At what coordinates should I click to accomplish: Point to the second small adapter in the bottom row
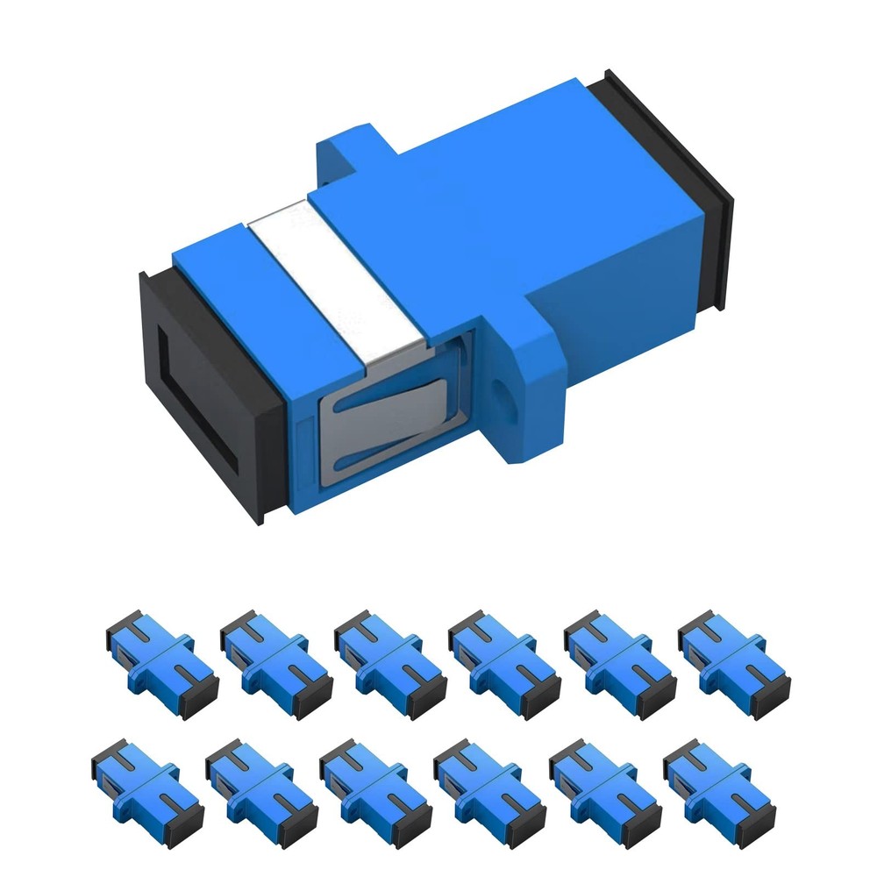point(261,786)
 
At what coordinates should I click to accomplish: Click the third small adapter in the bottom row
point(375,786)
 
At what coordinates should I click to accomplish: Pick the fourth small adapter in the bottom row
point(490,786)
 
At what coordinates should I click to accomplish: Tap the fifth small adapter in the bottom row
point(604,786)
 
